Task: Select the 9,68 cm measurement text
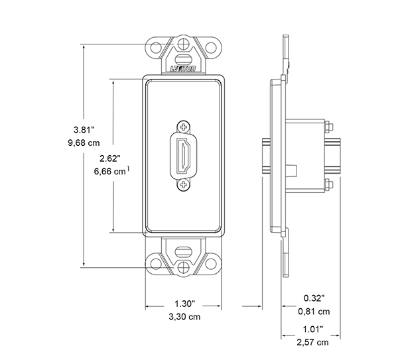pos(85,143)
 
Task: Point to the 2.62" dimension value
pos(108,158)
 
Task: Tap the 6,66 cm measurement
pos(110,172)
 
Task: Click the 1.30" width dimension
pos(184,304)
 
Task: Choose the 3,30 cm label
pos(185,318)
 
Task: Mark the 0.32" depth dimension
pos(314,298)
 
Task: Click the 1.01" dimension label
pos(314,329)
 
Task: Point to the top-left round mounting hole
pos(157,50)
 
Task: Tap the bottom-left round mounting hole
pos(157,263)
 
